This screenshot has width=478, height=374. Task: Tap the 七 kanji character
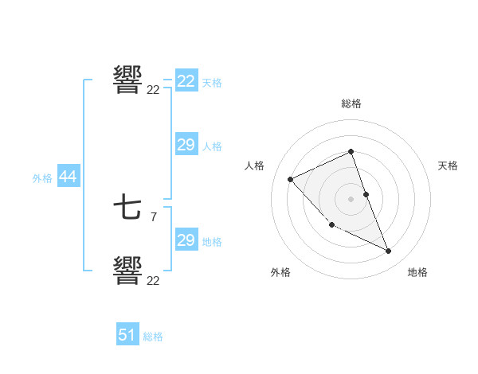[127, 208]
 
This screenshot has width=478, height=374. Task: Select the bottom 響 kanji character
[127, 270]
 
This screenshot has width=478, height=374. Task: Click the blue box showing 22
[186, 81]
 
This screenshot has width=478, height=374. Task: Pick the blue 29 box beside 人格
[186, 145]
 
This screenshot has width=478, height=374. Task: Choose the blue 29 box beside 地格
[186, 240]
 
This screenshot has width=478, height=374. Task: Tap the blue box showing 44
[68, 177]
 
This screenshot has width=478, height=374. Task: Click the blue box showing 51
[127, 335]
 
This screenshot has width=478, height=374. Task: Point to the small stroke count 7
[153, 216]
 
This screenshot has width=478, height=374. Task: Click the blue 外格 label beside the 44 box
[42, 178]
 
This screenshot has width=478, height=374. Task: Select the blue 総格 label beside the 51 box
[153, 337]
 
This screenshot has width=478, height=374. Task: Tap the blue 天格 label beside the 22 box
[211, 82]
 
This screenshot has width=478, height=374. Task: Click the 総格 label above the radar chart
[351, 103]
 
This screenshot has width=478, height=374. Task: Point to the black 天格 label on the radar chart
[448, 166]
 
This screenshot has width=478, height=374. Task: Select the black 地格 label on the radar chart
[417, 272]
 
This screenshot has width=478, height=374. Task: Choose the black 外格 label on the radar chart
[280, 272]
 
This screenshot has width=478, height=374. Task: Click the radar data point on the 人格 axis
[291, 179]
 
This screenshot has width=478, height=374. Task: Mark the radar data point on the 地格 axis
[389, 251]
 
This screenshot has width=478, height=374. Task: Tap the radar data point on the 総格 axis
[351, 151]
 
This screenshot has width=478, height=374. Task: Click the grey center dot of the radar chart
[351, 198]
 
